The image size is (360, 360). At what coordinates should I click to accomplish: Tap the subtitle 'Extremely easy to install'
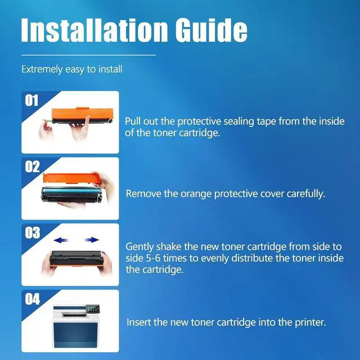click(x=71, y=70)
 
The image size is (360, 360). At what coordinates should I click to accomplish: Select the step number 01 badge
click(x=32, y=101)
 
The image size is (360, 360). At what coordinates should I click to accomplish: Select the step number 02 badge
click(x=32, y=166)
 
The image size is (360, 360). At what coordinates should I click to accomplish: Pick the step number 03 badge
click(x=32, y=232)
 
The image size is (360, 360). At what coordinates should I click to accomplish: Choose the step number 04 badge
click(x=32, y=299)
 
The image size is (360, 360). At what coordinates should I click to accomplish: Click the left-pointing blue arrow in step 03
click(x=54, y=240)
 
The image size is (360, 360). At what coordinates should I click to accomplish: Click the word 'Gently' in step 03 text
click(x=139, y=246)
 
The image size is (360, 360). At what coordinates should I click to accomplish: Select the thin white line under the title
click(x=88, y=55)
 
